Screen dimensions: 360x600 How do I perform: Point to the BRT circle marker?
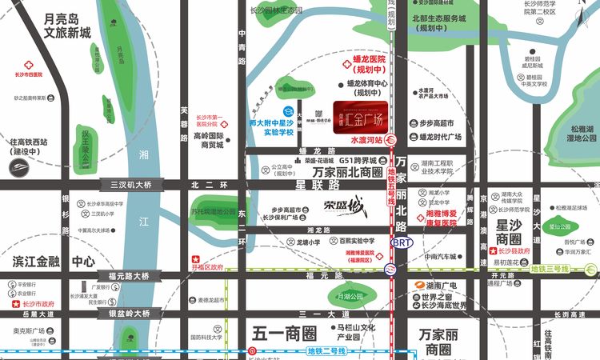point(401,241)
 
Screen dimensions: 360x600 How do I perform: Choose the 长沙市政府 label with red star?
point(33,305)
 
